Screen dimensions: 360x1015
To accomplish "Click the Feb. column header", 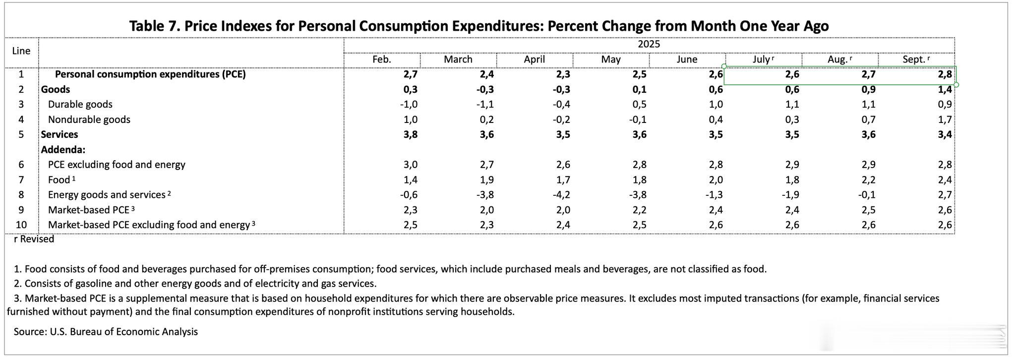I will tap(382, 60).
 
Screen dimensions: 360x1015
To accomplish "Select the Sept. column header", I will tap(914, 60).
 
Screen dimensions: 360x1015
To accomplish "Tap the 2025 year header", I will tap(649, 44).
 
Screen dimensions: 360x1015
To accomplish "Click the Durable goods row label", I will tap(80, 105).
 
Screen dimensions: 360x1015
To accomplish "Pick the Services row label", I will tap(60, 134).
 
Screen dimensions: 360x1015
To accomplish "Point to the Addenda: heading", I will tap(63, 150).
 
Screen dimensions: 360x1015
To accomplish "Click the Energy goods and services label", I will tap(107, 195).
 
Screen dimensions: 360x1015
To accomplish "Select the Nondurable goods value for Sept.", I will tap(945, 120).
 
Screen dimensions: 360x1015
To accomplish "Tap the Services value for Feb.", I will tap(411, 134).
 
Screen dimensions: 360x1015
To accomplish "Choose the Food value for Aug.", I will tap(868, 180).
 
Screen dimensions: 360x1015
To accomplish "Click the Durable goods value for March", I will tap(484, 105).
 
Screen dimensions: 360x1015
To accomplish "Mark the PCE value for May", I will tap(640, 74).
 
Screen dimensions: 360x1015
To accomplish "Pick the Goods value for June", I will tap(716, 89).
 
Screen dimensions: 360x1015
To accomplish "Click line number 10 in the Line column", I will tap(21, 225).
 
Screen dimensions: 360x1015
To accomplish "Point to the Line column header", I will tap(21, 51).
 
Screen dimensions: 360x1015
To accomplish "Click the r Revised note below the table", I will tap(34, 239).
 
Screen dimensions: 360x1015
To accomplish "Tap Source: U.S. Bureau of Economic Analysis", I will tap(106, 332).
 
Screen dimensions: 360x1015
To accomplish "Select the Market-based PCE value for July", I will tap(792, 210).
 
